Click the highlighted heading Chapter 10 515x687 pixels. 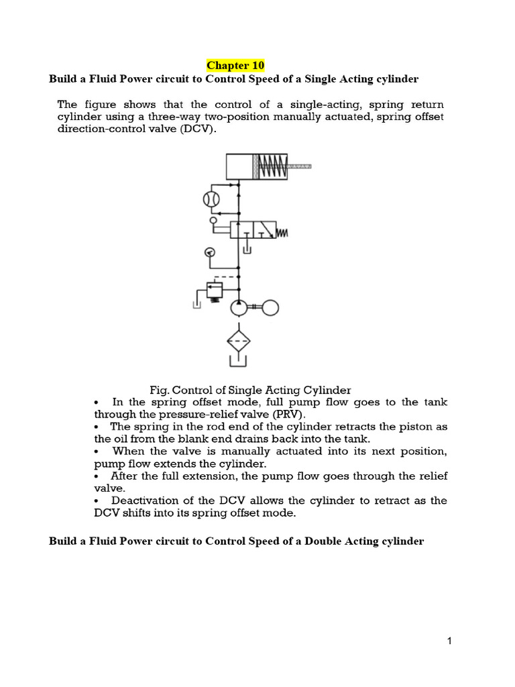[x=235, y=65]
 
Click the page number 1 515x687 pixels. [x=450, y=641]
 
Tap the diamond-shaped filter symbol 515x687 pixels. [x=237, y=341]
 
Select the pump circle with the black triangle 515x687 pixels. [x=237, y=309]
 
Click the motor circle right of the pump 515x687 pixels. [x=270, y=308]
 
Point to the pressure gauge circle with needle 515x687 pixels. [x=209, y=252]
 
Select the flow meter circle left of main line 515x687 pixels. [x=212, y=199]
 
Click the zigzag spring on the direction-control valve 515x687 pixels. [x=282, y=232]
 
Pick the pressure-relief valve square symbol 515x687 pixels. [x=215, y=290]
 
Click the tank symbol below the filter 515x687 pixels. [x=237, y=363]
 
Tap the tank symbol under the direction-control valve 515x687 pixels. [x=247, y=250]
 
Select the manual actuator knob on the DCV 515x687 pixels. [x=213, y=219]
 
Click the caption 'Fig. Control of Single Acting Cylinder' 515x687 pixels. [x=249, y=390]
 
